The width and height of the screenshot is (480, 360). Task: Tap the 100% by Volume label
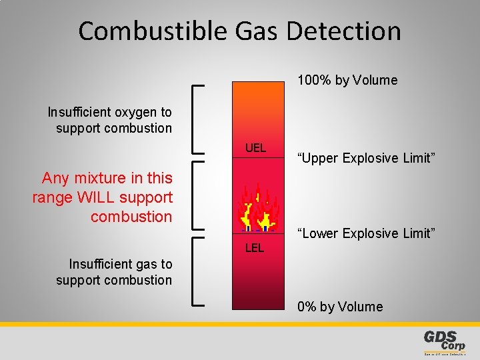347,81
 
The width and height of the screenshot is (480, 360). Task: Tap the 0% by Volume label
340,307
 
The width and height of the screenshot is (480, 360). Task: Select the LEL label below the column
255,248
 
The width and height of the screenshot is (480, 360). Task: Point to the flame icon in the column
257,209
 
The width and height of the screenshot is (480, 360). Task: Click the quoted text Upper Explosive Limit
366,158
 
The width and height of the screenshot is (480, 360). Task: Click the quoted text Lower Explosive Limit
366,233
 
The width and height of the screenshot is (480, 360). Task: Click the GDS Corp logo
445,341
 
